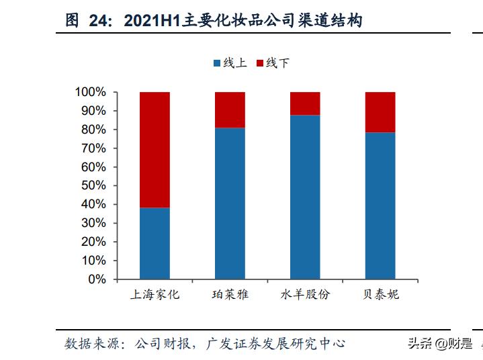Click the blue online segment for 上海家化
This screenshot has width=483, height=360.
pos(155,242)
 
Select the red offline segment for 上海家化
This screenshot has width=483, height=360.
pos(155,149)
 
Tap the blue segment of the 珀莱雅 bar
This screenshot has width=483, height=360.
pos(230,203)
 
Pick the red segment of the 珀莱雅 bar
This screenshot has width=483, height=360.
pos(230,109)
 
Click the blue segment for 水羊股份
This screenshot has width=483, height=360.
pos(305,197)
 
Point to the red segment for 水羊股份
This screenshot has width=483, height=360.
pos(305,103)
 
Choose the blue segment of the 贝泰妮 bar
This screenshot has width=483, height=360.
pos(380,205)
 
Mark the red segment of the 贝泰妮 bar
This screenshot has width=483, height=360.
pos(380,111)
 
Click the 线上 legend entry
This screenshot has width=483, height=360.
pos(230,63)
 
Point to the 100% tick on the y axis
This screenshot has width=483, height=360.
pos(90,92)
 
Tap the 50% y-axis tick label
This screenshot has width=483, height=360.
pos(93,185)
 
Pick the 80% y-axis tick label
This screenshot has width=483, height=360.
pos(93,130)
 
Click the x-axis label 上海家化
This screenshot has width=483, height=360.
pos(155,295)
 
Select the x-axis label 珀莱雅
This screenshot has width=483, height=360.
pos(230,295)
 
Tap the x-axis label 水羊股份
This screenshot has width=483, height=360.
pos(305,295)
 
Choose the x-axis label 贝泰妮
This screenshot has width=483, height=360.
pos(380,295)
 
